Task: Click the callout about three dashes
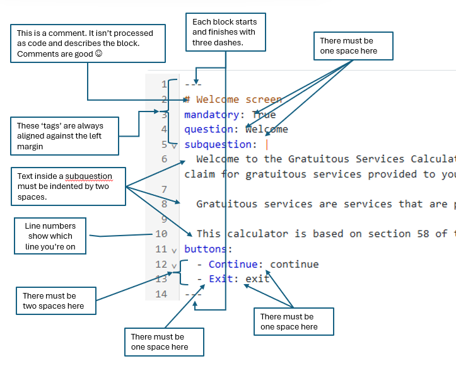(x=225, y=31)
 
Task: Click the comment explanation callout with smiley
(x=88, y=43)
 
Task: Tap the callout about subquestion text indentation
(x=67, y=186)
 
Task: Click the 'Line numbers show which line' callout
(x=50, y=236)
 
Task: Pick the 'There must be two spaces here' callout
(x=57, y=301)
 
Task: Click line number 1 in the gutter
(x=164, y=84)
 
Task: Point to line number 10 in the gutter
(x=161, y=234)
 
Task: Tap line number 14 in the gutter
(x=161, y=294)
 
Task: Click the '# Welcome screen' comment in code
(x=233, y=99)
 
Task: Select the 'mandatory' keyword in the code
(x=211, y=115)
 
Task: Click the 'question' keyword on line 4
(x=208, y=129)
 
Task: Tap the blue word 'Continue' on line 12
(x=233, y=264)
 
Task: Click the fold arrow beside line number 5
(x=173, y=145)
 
